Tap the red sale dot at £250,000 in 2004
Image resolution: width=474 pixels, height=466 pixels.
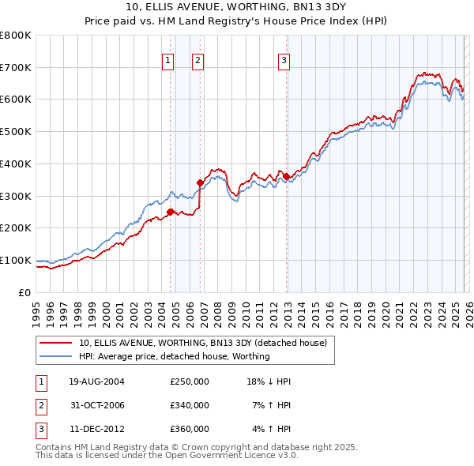click(170, 211)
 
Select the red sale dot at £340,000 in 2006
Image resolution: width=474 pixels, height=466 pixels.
click(200, 182)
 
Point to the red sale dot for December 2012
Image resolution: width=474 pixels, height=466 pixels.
click(286, 176)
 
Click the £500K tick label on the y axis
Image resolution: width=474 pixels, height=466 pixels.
click(15, 131)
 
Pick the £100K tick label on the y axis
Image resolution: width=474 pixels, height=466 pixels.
click(15, 260)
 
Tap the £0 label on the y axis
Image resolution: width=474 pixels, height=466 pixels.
click(24, 292)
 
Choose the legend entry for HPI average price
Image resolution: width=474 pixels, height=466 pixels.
click(174, 356)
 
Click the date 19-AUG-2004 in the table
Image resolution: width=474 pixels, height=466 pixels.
click(96, 381)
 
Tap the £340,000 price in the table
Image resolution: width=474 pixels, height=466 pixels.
click(189, 405)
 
